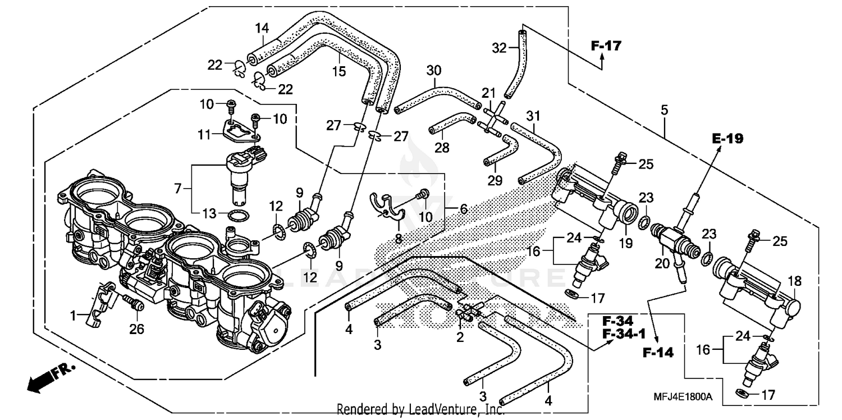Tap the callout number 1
72,316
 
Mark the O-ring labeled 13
238,214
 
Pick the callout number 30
433,71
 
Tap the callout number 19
625,243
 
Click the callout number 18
795,281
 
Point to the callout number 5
664,110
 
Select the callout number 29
495,180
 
